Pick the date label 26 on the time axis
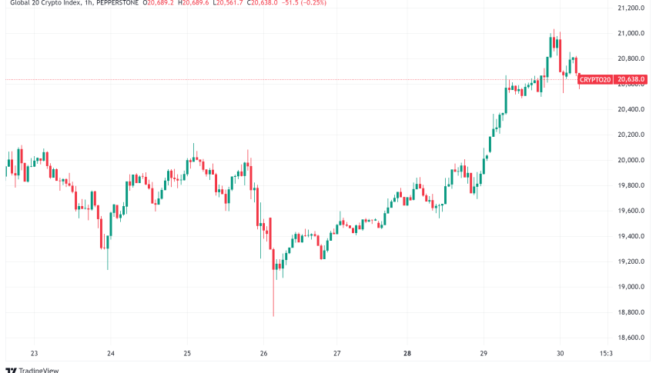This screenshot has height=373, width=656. pyautogui.click(x=263, y=355)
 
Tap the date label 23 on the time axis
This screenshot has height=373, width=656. pyautogui.click(x=35, y=355)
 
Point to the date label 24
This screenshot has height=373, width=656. pyautogui.click(x=111, y=355)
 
